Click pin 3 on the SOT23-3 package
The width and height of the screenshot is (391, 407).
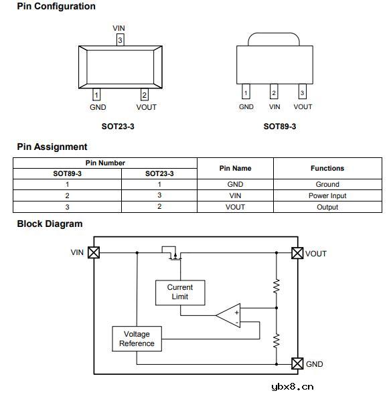[120, 39]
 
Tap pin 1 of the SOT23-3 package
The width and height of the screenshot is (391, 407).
[96, 94]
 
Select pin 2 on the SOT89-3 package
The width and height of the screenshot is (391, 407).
[274, 91]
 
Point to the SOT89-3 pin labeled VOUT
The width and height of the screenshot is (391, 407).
[302, 91]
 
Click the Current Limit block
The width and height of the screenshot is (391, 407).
[180, 293]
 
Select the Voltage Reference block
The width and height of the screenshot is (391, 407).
[137, 339]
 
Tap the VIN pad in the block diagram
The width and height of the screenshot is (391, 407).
[94, 252]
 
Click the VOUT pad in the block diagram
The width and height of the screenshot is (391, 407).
[297, 253]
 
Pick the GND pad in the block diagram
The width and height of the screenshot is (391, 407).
[297, 363]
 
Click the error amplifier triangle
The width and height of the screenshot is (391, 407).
[228, 315]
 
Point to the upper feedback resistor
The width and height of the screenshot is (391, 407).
[277, 287]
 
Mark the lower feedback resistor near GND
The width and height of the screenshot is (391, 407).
[277, 341]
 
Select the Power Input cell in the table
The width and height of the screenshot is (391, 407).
[327, 195]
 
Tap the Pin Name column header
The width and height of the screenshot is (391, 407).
[235, 168]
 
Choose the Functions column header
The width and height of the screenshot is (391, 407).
[327, 168]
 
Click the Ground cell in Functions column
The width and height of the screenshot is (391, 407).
[327, 184]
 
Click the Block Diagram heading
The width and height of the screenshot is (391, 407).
[50, 224]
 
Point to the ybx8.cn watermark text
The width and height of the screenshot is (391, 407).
[293, 387]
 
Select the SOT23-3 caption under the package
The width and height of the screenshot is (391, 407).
[118, 127]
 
